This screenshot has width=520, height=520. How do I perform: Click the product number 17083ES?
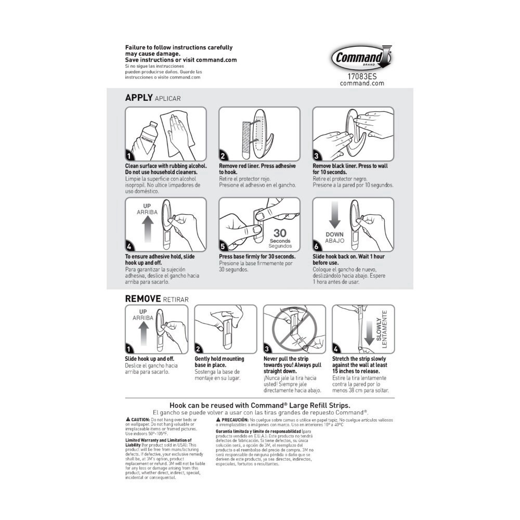coord(362,76)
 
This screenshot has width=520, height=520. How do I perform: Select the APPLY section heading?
coord(139,97)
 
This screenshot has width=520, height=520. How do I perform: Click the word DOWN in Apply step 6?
coord(334,234)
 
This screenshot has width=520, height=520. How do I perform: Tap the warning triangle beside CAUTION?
coord(128,419)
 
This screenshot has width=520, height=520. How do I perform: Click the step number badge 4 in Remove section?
coord(335,349)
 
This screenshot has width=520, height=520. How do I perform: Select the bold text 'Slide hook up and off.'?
coord(149,359)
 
